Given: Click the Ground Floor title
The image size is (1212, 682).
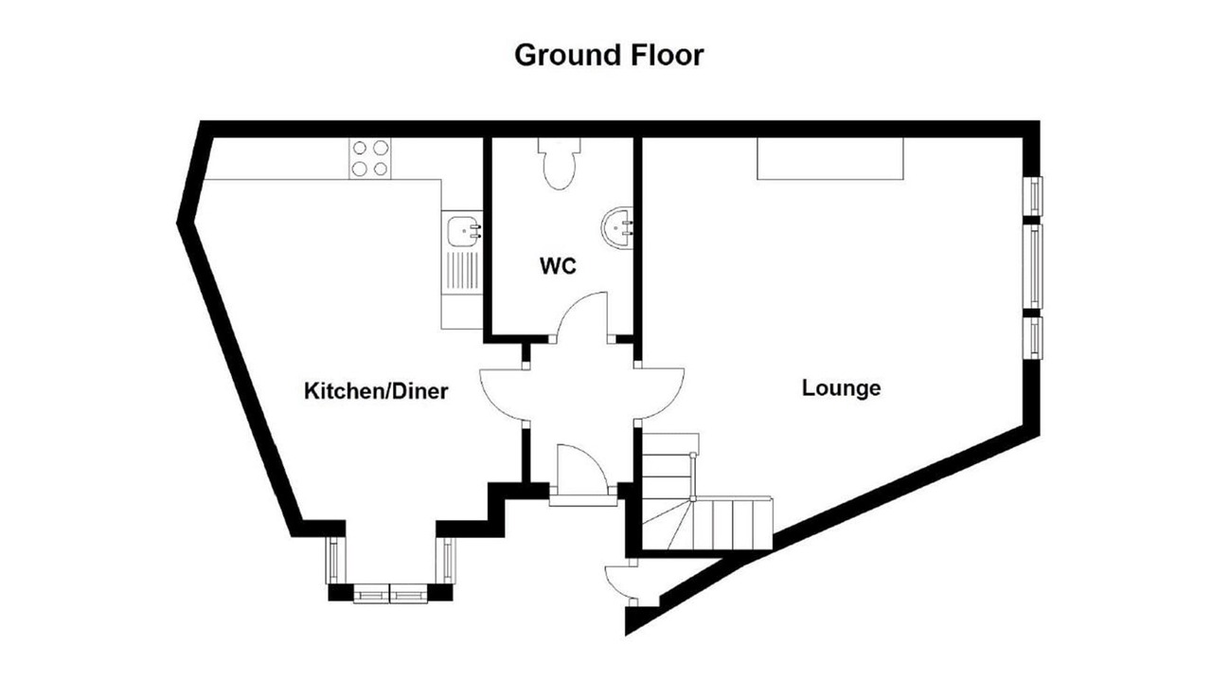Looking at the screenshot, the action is point(609,55).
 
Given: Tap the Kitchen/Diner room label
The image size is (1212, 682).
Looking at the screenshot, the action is point(376,391).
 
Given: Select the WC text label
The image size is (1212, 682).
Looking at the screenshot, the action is point(558,266).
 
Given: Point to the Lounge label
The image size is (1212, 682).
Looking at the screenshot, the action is point(841,388).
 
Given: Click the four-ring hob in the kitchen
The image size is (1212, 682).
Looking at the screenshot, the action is point(370,158).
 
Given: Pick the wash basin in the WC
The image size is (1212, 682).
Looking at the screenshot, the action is point(616,227).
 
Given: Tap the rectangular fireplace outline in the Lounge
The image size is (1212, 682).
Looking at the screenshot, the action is point(830,158).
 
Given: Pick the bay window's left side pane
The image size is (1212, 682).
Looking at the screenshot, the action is point(335,560).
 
